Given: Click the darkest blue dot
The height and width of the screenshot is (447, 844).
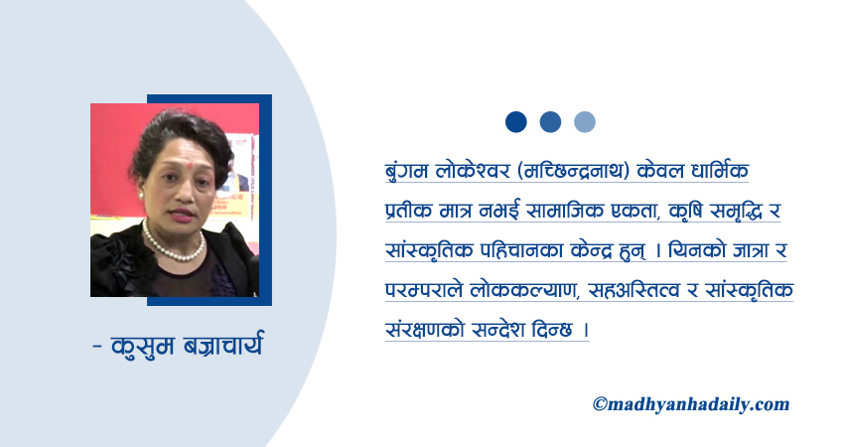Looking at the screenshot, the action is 515,122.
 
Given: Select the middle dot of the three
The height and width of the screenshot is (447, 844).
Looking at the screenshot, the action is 550,122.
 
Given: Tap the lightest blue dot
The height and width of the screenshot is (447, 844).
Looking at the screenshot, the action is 585,122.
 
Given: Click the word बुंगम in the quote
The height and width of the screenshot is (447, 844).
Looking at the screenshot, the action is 407,171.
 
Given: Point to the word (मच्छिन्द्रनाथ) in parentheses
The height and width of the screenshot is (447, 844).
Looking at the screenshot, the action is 573,171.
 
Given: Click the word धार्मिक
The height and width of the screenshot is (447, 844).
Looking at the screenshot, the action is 719,170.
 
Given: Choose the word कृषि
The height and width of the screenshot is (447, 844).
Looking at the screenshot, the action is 686,211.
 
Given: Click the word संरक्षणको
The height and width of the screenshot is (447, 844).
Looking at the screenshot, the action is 425,330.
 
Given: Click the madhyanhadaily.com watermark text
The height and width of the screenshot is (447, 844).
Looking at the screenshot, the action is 691,404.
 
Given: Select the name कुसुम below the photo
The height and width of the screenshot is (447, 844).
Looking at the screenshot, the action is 143,346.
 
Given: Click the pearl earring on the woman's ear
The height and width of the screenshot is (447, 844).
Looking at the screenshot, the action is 141,196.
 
